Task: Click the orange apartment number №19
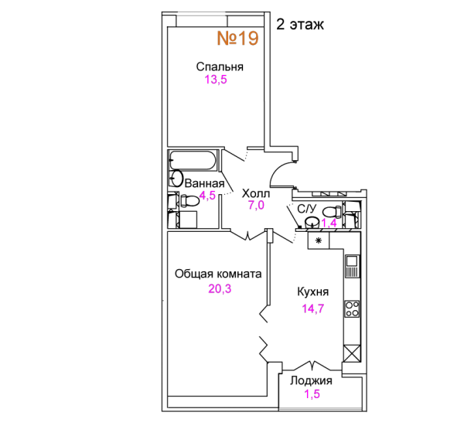(x=238, y=38)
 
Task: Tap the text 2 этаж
(x=300, y=25)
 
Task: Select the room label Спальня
(x=220, y=67)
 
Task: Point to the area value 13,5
(x=216, y=80)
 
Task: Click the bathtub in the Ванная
(x=193, y=160)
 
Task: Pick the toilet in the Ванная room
(x=189, y=201)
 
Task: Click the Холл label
(x=256, y=193)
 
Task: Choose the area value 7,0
(x=256, y=205)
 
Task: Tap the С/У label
(x=306, y=210)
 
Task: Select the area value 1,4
(x=329, y=223)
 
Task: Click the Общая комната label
(x=218, y=274)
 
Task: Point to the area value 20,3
(x=220, y=288)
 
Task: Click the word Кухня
(x=312, y=291)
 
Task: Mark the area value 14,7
(x=313, y=308)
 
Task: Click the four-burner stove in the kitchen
(x=352, y=309)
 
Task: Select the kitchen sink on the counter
(x=352, y=266)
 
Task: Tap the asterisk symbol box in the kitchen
(x=319, y=240)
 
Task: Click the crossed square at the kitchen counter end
(x=352, y=353)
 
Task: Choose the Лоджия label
(x=311, y=380)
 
